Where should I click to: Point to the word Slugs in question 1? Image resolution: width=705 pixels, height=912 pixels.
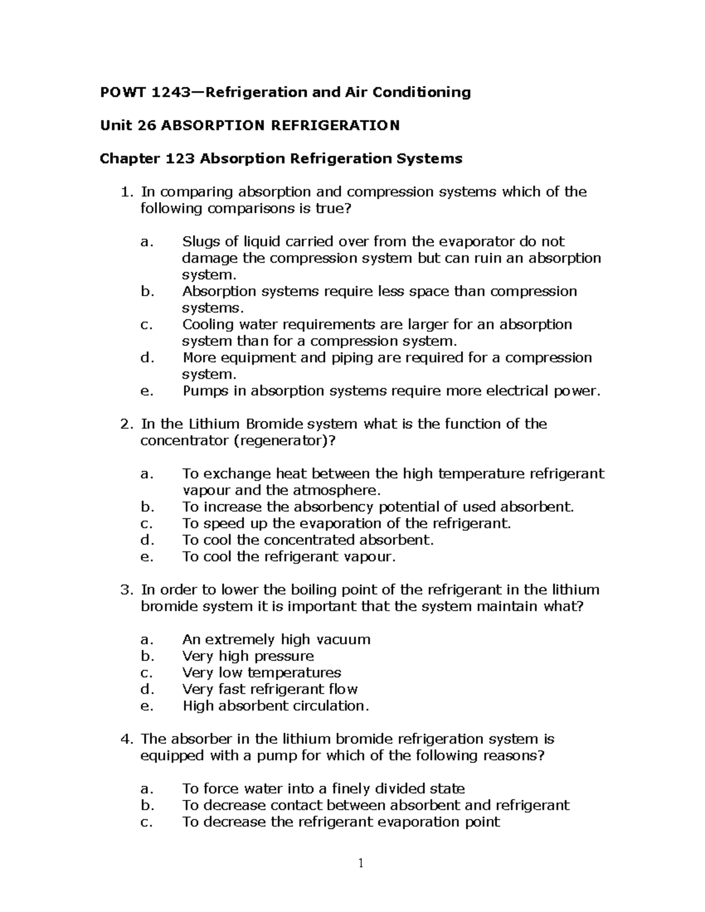[200, 241]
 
